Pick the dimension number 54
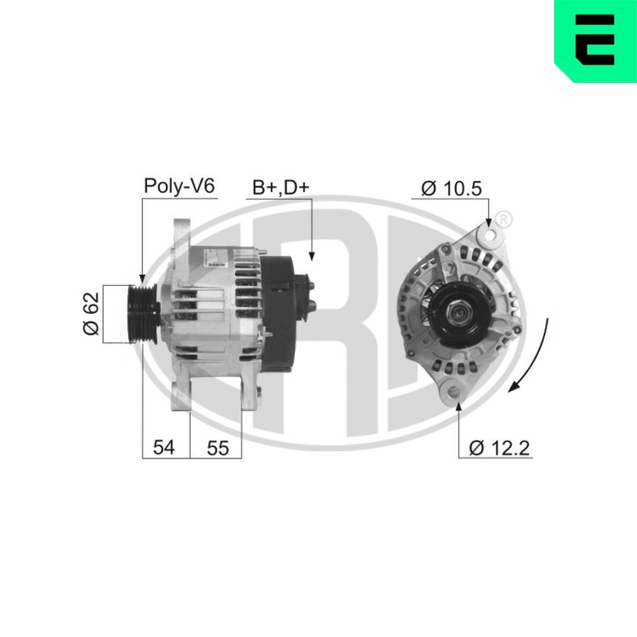click(x=164, y=448)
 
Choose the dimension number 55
click(x=217, y=448)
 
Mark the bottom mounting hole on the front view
click(x=453, y=390)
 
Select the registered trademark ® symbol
click(x=503, y=219)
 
